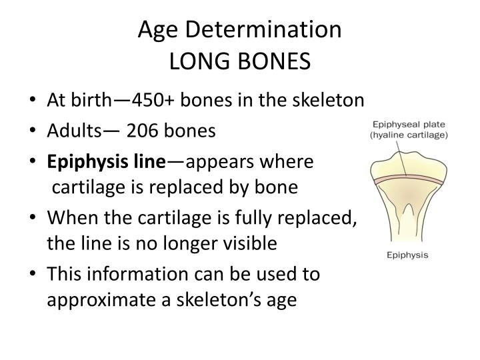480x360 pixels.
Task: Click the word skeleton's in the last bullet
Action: pyautogui.click(x=223, y=301)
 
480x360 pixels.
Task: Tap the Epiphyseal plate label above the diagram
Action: pyautogui.click(x=409, y=123)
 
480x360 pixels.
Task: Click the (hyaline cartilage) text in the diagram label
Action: pyautogui.click(x=409, y=134)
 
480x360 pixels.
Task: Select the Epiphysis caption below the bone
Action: pyautogui.click(x=409, y=255)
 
